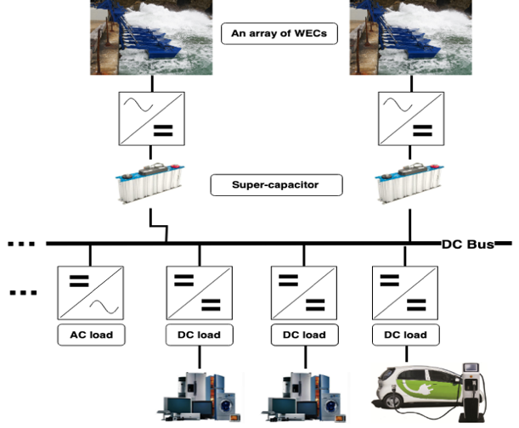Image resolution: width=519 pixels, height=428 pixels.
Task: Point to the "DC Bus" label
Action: pyautogui.click(x=466, y=245)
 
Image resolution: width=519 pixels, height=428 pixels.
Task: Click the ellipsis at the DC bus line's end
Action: pyautogui.click(x=19, y=245)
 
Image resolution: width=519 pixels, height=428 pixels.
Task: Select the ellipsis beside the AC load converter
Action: pyautogui.click(x=19, y=294)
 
